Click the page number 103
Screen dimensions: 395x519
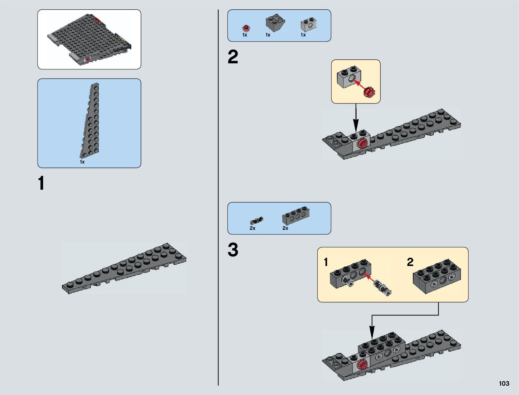coord(504,383)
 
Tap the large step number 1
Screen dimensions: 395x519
coord(41,183)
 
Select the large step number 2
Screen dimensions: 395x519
coord(233,57)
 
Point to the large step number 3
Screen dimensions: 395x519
coord(233,250)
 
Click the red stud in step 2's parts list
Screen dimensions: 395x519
coord(245,28)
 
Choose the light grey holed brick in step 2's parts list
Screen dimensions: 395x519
coord(308,24)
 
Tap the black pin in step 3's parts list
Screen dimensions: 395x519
coord(256,220)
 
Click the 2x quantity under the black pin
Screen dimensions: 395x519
coord(253,228)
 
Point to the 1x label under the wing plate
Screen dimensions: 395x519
coord(82,162)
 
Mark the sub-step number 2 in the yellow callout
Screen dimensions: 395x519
coord(410,262)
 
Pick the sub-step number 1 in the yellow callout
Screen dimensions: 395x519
coord(326,262)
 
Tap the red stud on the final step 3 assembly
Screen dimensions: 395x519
coord(362,364)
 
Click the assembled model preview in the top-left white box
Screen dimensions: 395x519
coord(89,40)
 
